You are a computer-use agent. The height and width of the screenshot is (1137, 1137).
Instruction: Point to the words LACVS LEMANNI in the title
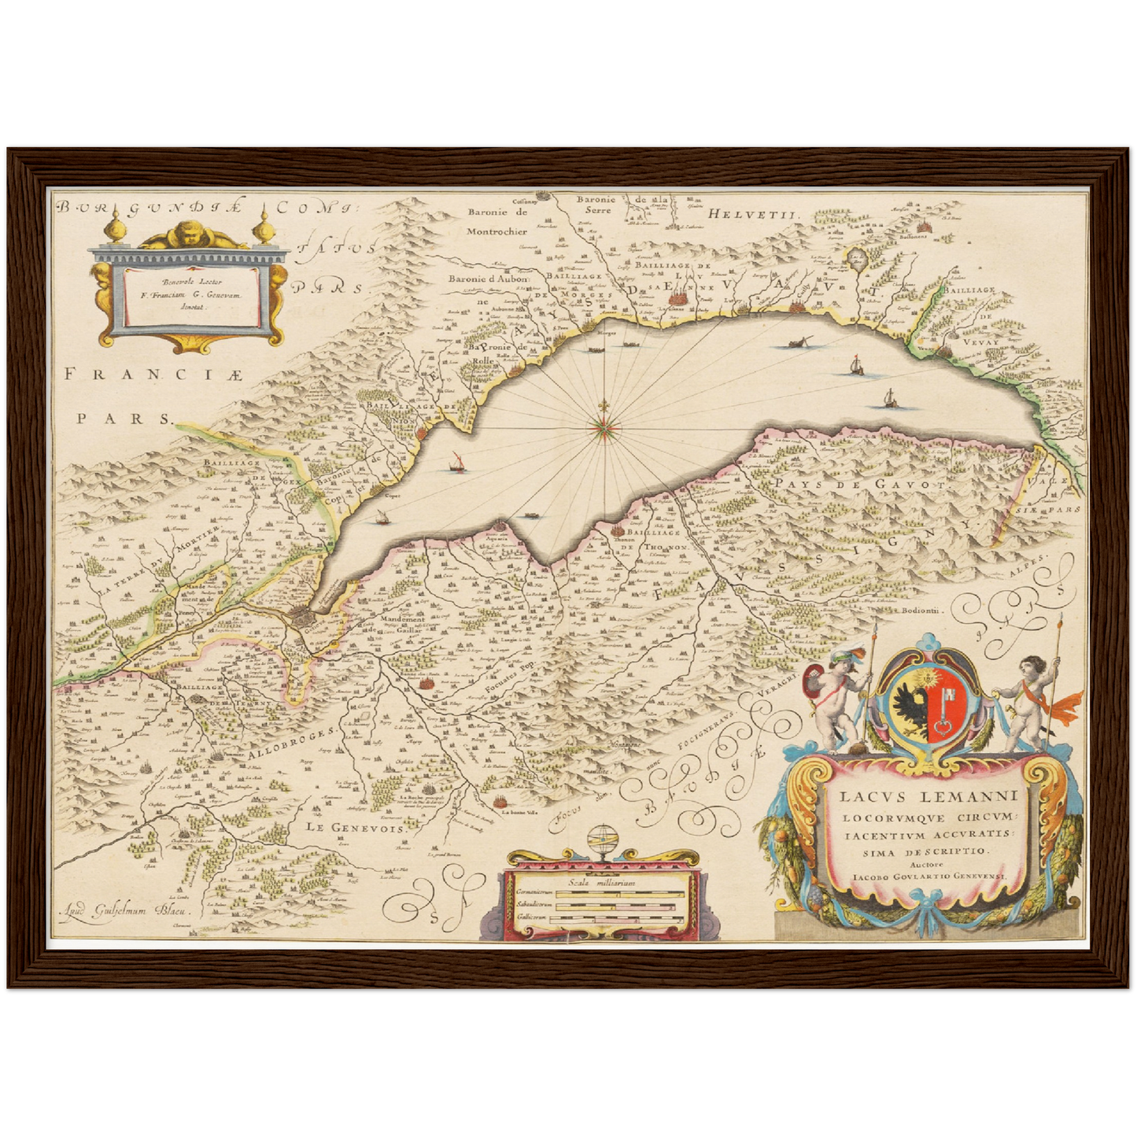tap(928, 798)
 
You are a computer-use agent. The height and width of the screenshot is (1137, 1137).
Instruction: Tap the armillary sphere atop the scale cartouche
tap(602, 840)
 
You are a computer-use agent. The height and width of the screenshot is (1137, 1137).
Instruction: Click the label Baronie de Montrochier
tap(497, 221)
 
